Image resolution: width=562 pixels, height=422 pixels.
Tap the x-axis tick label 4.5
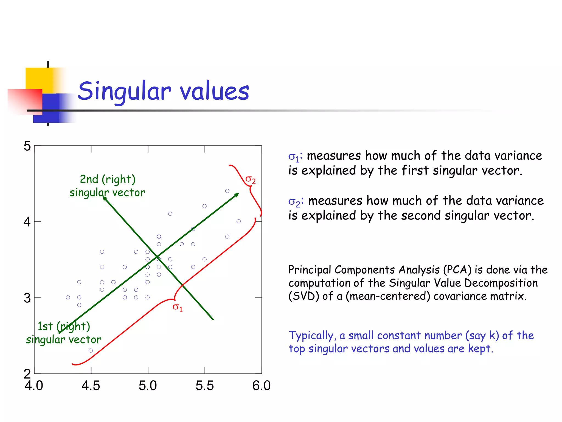(x=91, y=385)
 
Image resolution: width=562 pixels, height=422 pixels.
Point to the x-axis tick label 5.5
(x=204, y=385)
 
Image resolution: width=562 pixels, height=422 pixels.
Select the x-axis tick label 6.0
(x=261, y=385)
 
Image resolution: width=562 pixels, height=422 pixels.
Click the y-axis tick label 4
(x=27, y=222)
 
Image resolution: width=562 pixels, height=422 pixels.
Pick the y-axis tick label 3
(x=27, y=298)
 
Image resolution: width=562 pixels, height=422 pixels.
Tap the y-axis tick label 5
(x=27, y=146)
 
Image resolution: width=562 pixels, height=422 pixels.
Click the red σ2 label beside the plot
(x=250, y=180)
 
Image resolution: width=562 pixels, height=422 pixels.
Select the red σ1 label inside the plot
(x=177, y=307)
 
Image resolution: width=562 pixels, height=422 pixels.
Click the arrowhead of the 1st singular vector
(x=237, y=195)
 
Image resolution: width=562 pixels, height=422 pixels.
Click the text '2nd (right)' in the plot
(x=108, y=179)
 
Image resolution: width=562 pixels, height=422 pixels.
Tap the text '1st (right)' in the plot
(x=64, y=326)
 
